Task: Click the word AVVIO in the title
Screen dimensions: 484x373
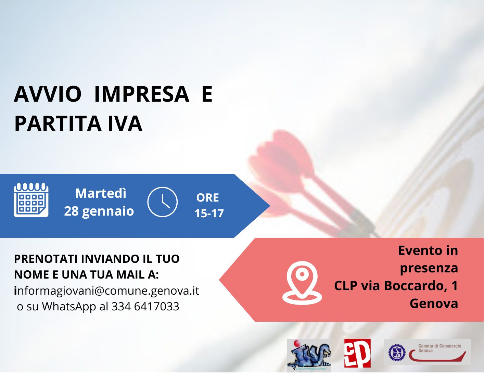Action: click(48, 94)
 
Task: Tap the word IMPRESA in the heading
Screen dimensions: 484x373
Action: click(142, 94)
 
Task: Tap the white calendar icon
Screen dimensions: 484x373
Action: click(31, 200)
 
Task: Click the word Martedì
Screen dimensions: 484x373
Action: click(101, 193)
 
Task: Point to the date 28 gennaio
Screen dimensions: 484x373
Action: click(99, 211)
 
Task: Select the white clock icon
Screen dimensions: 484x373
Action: click(162, 202)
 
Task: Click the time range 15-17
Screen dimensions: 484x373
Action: click(209, 213)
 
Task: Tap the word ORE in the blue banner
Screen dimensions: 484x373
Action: click(207, 198)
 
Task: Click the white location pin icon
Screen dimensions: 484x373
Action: click(302, 283)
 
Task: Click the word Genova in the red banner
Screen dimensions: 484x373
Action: click(434, 303)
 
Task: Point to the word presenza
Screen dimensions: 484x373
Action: click(429, 268)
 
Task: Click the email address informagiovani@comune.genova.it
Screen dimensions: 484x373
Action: click(106, 291)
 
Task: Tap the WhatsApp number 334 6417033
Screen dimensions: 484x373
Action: click(145, 306)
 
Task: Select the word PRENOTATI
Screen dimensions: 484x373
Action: click(46, 259)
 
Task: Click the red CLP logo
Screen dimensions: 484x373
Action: click(357, 353)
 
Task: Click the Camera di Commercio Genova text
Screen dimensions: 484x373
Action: click(440, 348)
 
